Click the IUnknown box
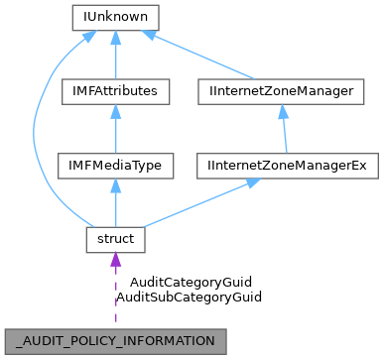pos(115,17)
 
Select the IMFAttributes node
pos(115,91)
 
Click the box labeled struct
pos(115,240)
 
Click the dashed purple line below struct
pos(115,298)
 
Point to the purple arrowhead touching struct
pos(115,261)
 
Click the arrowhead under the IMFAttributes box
pos(115,112)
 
